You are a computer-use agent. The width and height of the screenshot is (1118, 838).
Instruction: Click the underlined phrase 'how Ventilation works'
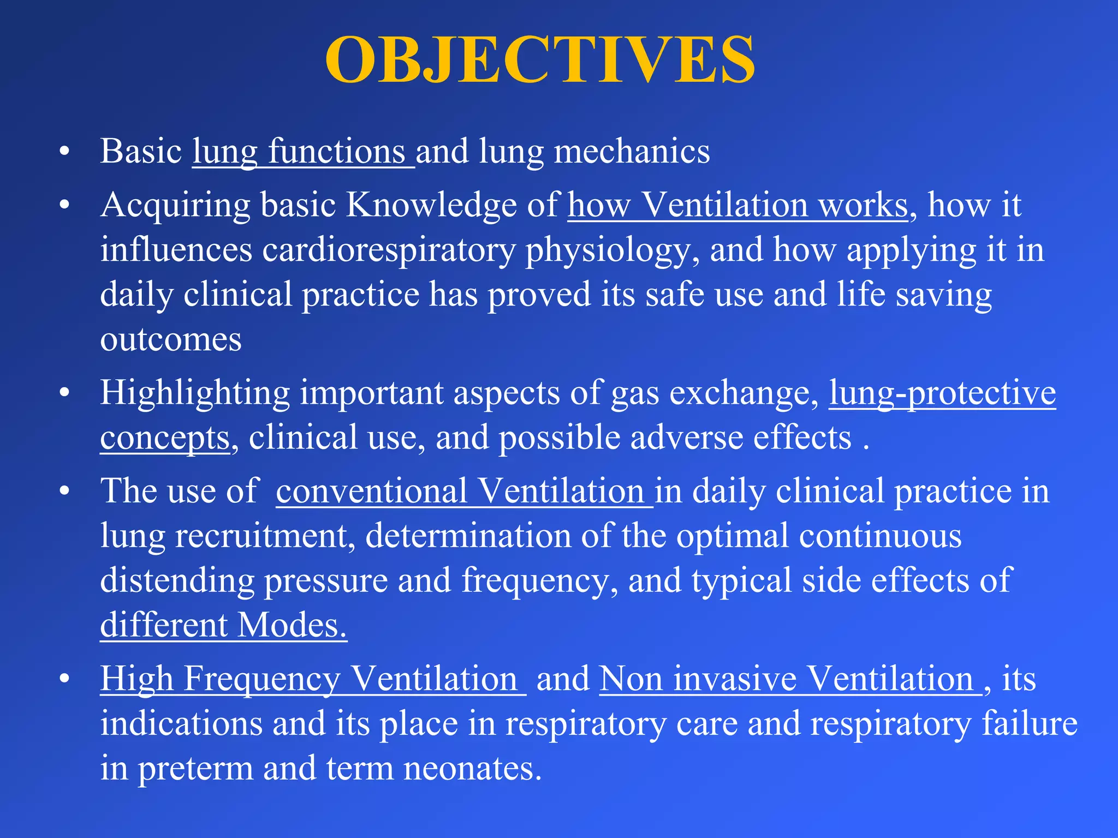click(x=738, y=205)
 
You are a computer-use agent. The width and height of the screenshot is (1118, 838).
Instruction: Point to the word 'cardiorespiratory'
click(x=388, y=250)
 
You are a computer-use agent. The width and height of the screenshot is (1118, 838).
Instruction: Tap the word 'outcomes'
click(x=170, y=340)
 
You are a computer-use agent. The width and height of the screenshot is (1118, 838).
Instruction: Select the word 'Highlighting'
click(x=194, y=393)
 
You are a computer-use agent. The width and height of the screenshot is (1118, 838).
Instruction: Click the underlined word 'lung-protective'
click(x=942, y=393)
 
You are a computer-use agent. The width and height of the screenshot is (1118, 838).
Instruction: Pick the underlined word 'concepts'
click(x=165, y=438)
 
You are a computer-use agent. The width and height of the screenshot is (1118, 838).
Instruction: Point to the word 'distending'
click(x=177, y=580)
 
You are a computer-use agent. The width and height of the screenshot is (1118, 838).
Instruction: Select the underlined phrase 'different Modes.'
click(x=223, y=625)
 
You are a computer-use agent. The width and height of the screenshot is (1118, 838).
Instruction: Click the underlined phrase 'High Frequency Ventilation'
click(x=312, y=679)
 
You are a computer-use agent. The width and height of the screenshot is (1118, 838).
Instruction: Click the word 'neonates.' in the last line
click(x=472, y=769)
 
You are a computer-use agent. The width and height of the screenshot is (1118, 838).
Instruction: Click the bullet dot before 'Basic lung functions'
click(x=65, y=152)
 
